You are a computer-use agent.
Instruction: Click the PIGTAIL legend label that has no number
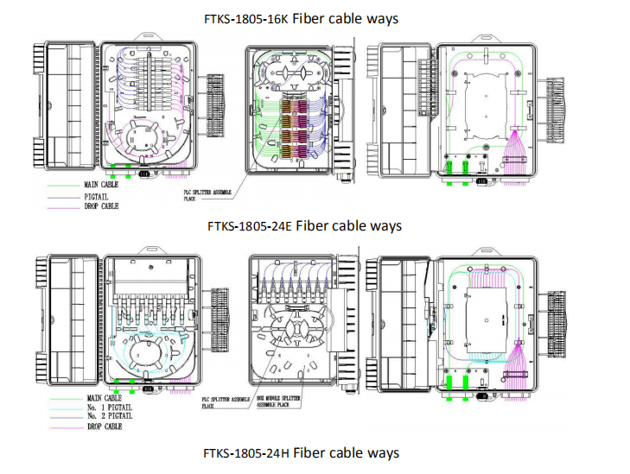[x=96, y=197]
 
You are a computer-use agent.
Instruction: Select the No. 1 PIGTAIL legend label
[x=110, y=407]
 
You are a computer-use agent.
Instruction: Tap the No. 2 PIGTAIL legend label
[x=110, y=416]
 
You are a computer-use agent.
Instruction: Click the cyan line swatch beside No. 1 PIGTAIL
[x=66, y=409]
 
